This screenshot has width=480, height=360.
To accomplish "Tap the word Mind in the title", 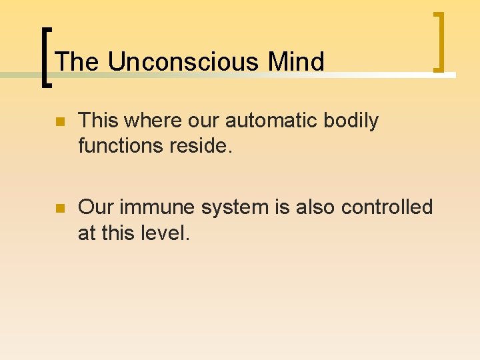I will tap(296, 62).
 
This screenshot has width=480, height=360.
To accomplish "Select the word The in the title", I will tap(77, 62).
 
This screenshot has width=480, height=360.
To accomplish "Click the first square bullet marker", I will tap(59, 122).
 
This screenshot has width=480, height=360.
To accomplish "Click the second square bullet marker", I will tap(59, 209).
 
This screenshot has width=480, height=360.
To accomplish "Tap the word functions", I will tap(122, 145).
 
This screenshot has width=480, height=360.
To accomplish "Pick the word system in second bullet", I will tap(233, 207).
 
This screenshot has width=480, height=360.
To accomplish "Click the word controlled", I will tap(387, 207).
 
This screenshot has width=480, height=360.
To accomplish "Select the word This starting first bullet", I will tap(98, 121).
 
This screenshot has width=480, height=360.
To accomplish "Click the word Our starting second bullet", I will tap(95, 207).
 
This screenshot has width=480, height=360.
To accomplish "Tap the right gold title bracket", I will tap(439, 41).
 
